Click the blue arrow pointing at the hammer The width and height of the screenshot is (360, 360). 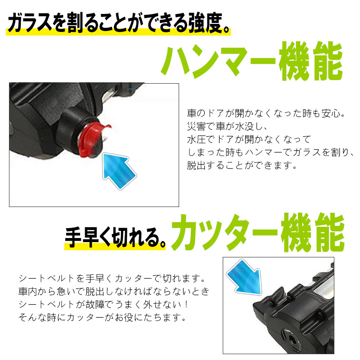pos(118,170)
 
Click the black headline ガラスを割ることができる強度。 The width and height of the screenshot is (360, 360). pos(118,22)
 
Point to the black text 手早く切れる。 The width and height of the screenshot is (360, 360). pos(115,237)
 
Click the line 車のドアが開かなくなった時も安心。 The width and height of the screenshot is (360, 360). pos(266,113)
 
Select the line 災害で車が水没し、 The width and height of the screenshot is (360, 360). pos(227,126)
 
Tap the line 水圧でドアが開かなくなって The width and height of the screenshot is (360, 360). pos(249,139)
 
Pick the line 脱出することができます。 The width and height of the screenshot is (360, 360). pos(242,165)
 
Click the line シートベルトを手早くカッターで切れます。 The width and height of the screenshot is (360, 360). pos(112,279)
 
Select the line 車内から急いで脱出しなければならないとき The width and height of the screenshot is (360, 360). pos(114,292)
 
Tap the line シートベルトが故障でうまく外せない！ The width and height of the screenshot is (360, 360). pos(103,305)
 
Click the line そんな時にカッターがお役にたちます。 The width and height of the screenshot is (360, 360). pos(102,318)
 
